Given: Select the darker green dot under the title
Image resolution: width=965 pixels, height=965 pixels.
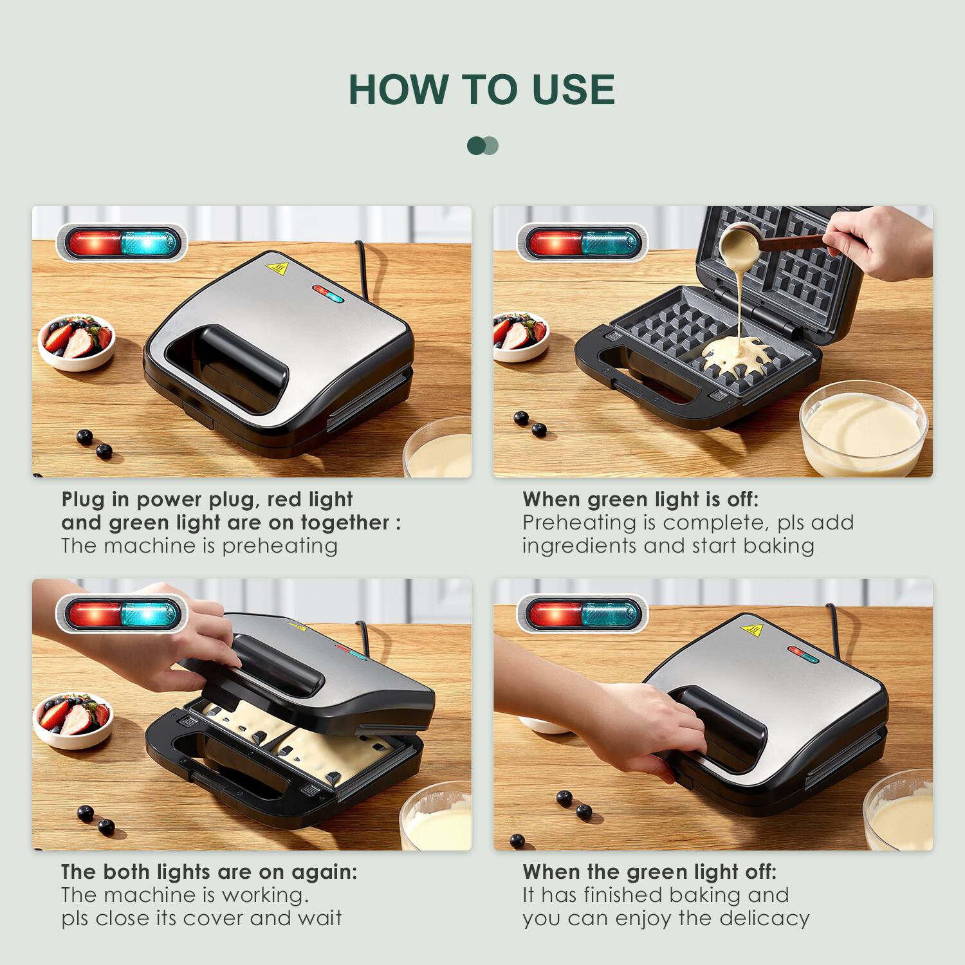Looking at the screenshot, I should pyautogui.click(x=475, y=145).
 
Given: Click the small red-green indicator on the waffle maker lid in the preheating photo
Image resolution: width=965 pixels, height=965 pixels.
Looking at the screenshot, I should pyautogui.click(x=329, y=293).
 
